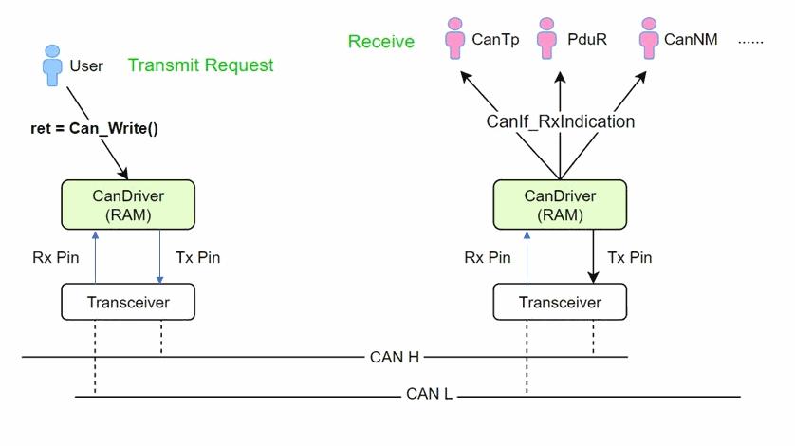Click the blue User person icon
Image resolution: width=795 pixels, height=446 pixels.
pos(51,65)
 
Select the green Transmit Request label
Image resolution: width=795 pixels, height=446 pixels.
pos(200,65)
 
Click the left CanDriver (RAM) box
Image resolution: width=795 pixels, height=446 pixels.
pos(128,204)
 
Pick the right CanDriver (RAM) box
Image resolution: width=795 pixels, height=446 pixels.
pos(561,204)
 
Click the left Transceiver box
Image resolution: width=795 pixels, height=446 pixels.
pos(128,303)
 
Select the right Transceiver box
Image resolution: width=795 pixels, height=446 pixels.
pos(561,303)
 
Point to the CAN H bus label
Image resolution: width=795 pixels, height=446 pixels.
pos(395,357)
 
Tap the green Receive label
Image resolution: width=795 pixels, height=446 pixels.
pos(381,41)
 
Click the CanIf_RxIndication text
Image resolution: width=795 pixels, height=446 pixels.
pos(560,121)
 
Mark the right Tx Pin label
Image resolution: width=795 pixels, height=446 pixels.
pos(629,256)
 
